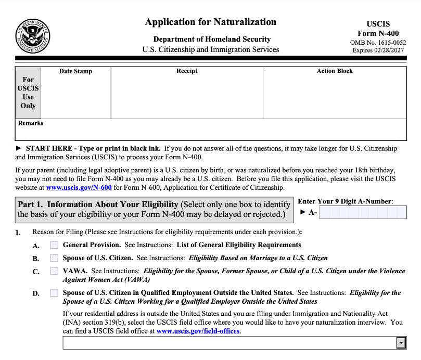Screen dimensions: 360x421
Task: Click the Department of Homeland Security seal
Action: [x=32, y=36]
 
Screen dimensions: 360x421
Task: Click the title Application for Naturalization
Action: [x=210, y=22]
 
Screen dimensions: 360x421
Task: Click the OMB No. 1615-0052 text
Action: [x=378, y=42]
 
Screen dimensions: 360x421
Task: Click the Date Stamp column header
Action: [x=75, y=71]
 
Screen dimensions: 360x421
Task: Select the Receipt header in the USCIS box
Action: [x=187, y=71]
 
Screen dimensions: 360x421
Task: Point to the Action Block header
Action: [x=335, y=71]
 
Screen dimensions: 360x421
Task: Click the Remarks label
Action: [x=31, y=123]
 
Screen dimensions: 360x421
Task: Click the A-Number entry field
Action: [x=363, y=212]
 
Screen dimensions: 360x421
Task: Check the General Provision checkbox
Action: [x=54, y=245]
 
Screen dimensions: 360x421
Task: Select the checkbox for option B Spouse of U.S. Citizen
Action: [x=54, y=258]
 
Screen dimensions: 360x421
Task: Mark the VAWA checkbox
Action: [x=54, y=271]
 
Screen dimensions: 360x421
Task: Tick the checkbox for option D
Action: [x=54, y=293]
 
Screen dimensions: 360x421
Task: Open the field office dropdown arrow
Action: [x=401, y=342]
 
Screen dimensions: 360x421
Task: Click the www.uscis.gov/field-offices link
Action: [x=198, y=331]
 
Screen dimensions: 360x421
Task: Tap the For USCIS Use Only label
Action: [x=28, y=93]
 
